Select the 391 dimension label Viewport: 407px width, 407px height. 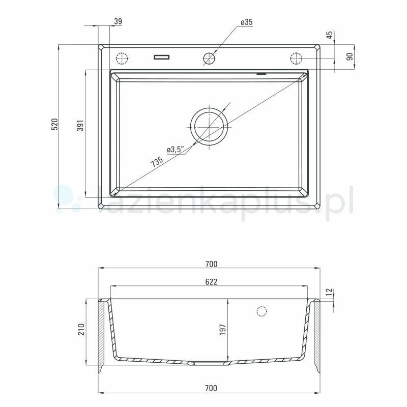tap(80, 126)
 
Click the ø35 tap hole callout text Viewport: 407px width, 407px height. tap(247, 22)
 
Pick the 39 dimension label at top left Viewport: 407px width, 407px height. tap(118, 21)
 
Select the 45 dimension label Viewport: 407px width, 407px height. tap(329, 35)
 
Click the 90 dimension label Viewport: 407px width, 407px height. tap(350, 56)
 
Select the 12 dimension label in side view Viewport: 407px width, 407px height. tap(329, 292)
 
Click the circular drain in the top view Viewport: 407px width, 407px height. tap(209, 125)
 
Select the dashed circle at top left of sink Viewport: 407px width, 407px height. tap(123, 59)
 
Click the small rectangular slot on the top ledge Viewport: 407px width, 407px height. tap(162, 56)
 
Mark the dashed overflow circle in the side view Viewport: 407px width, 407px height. tap(262, 311)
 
